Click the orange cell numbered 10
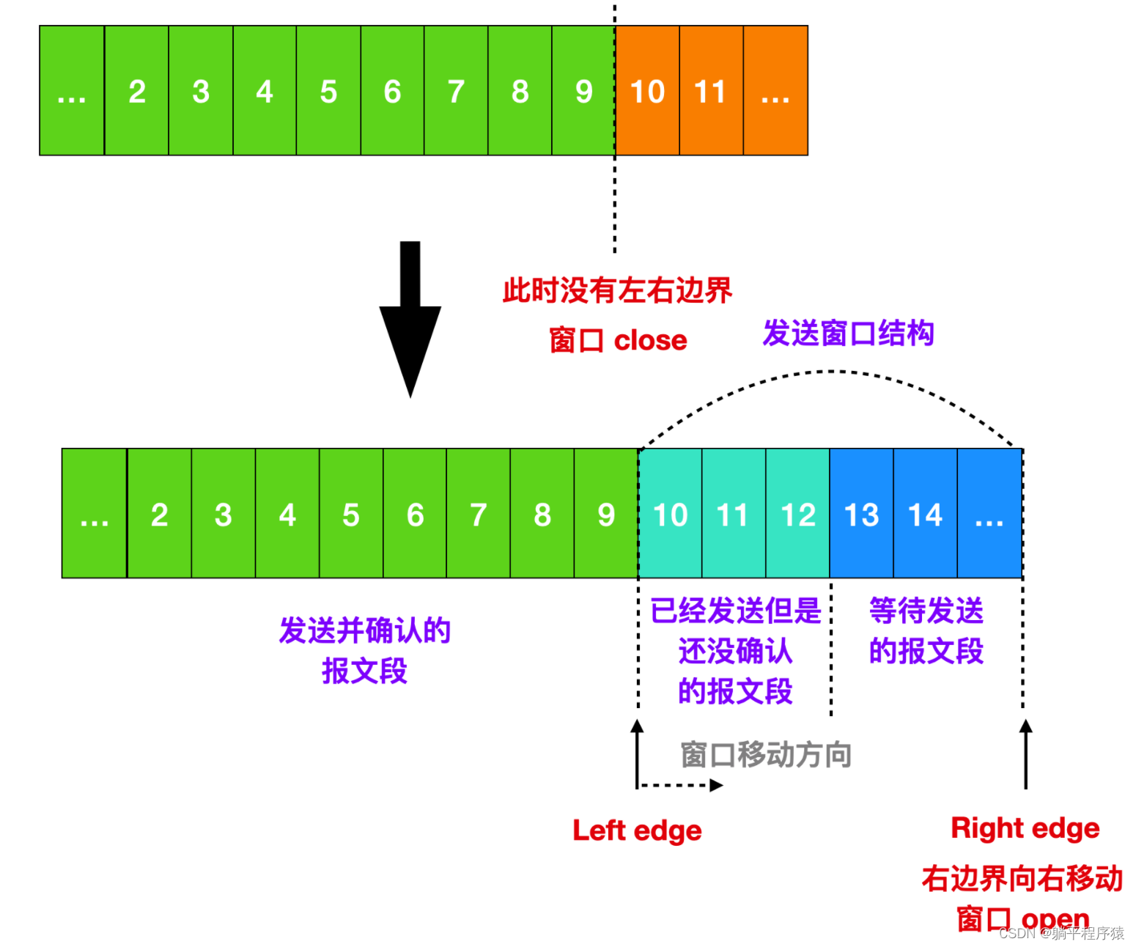pyautogui.click(x=647, y=91)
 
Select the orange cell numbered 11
pyautogui.click(x=711, y=91)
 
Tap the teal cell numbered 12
pyautogui.click(x=797, y=514)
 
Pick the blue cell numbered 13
pyautogui.click(x=861, y=514)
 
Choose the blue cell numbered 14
pyautogui.click(x=925, y=514)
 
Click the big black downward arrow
pyautogui.click(x=410, y=319)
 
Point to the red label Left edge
pyautogui.click(x=637, y=830)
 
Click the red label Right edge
pyautogui.click(x=1025, y=828)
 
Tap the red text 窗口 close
pyautogui.click(x=618, y=340)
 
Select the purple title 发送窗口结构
pyautogui.click(x=848, y=333)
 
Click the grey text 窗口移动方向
pyautogui.click(x=766, y=754)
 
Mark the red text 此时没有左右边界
pyautogui.click(x=617, y=290)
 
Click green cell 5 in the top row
pyautogui.click(x=328, y=91)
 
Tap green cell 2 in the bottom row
pyautogui.click(x=159, y=514)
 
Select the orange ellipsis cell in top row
pyautogui.click(x=775, y=91)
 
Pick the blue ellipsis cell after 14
pyautogui.click(x=989, y=514)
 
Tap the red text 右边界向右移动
pyautogui.click(x=1022, y=878)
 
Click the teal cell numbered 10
pyautogui.click(x=670, y=514)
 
